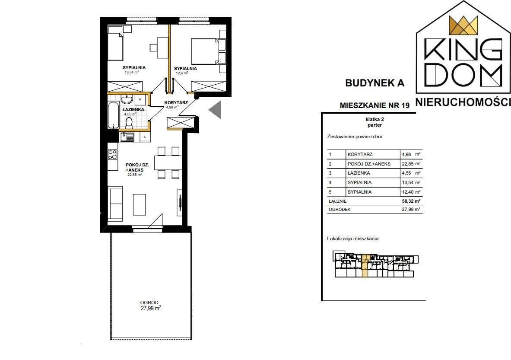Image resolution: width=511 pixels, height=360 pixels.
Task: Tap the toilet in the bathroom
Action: point(129,123)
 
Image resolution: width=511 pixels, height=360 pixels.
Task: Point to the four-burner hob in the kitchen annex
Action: point(113,154)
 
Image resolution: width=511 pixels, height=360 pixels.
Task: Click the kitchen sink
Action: point(127,137)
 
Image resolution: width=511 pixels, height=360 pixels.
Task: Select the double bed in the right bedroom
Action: point(205,51)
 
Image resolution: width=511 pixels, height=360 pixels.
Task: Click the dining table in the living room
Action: point(168,162)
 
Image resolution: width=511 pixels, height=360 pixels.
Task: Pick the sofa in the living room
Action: point(115,204)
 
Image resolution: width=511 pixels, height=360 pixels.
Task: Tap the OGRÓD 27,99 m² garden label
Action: point(151,306)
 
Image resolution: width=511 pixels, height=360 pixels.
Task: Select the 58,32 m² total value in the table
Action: point(411,201)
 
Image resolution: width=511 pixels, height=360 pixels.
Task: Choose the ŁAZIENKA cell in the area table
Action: point(359,173)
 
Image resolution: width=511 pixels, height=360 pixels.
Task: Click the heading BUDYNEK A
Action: point(375,83)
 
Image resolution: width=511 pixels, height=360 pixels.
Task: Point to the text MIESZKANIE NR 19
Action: point(375,105)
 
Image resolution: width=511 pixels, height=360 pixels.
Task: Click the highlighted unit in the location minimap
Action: point(365,266)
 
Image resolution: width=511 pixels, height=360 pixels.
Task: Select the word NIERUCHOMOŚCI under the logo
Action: point(463,102)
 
